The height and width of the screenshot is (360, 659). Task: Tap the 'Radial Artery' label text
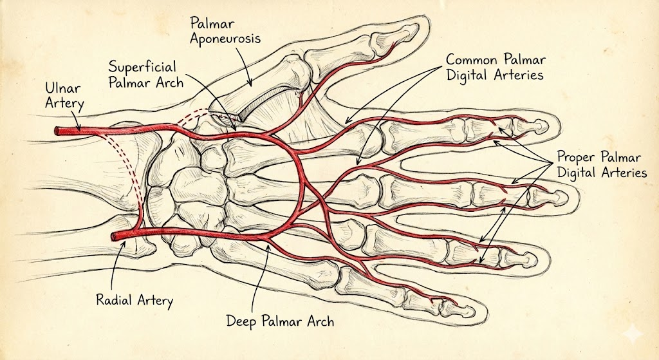click(x=134, y=300)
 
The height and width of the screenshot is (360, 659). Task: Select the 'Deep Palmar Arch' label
click(x=280, y=321)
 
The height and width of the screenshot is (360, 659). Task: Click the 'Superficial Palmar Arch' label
click(x=145, y=74)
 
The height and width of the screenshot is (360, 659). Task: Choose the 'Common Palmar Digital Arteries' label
click(x=494, y=66)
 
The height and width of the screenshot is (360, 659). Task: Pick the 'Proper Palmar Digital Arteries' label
click(x=601, y=165)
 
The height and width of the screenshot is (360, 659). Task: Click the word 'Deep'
click(x=239, y=321)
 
